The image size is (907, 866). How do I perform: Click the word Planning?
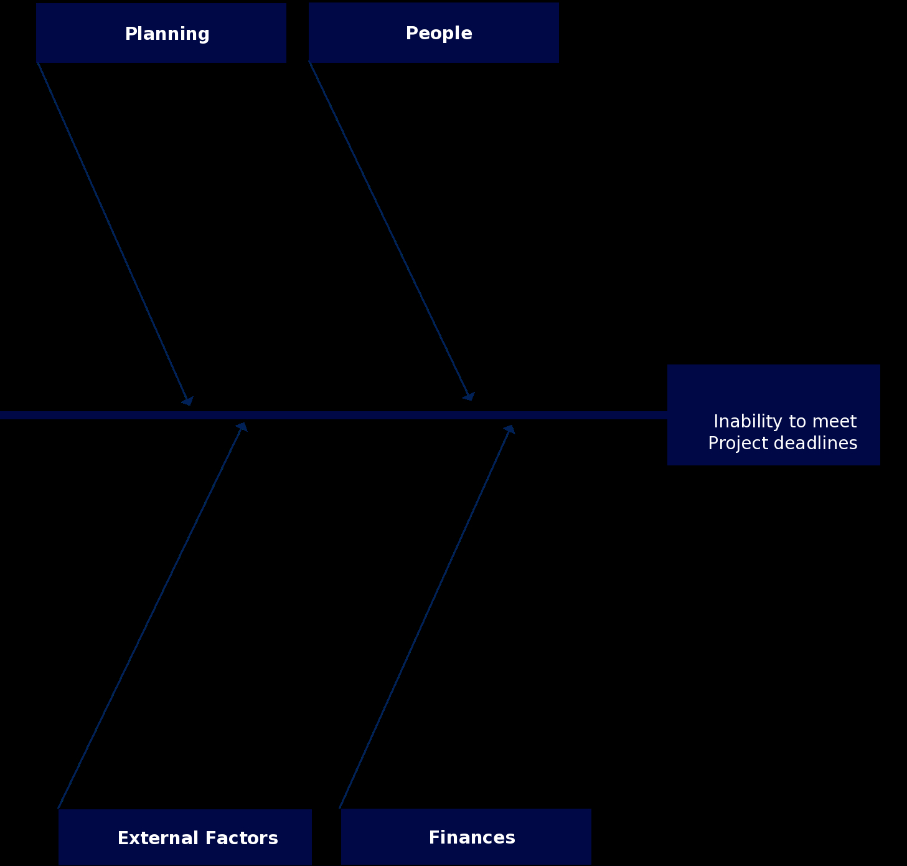click(x=167, y=34)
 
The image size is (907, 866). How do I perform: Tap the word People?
click(x=439, y=33)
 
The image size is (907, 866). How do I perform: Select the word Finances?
click(x=472, y=837)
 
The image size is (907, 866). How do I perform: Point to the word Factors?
click(x=242, y=838)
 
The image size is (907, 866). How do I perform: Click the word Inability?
click(x=748, y=422)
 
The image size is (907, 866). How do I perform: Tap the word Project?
click(x=738, y=444)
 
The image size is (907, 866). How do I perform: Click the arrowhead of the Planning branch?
click(x=188, y=401)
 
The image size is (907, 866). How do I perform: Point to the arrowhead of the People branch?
click(x=469, y=396)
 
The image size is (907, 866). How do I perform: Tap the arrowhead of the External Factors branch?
click(x=242, y=427)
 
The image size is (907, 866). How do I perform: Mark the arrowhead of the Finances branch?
click(x=509, y=429)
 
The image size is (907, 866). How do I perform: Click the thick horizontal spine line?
click(x=334, y=415)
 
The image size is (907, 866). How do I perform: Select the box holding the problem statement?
click(x=774, y=415)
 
